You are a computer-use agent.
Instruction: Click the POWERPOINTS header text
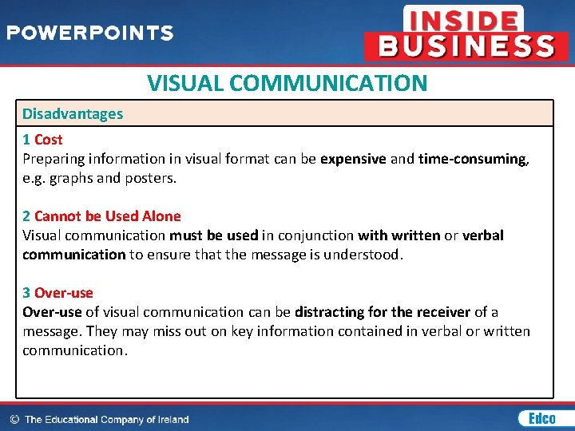pos(89,34)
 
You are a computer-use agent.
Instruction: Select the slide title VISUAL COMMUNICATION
pos(287,83)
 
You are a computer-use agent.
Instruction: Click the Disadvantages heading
pos(73,114)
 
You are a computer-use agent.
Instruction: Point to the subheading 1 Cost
pos(42,140)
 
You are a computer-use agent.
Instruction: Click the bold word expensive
pos(353,159)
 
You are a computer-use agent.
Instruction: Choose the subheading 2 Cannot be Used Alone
pos(101,216)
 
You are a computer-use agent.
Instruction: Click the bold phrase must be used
pos(214,235)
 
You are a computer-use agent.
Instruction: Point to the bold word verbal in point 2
pos(483,235)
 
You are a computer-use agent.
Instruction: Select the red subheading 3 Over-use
pos(57,293)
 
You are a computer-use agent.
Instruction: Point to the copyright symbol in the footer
pos(14,419)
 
